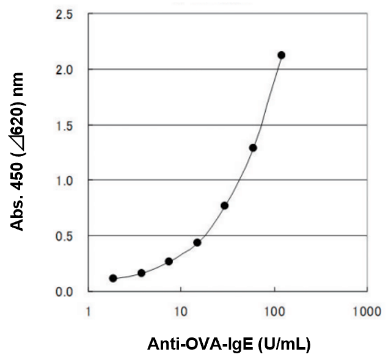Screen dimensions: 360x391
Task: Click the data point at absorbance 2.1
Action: pos(281,56)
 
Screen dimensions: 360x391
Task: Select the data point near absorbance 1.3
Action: pos(253,148)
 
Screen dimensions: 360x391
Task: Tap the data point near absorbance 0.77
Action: pos(225,206)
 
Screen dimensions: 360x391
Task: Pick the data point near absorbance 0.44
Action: pos(197,242)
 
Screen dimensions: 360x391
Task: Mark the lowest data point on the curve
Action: pos(113,278)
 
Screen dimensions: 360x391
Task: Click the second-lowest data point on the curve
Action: pos(141,273)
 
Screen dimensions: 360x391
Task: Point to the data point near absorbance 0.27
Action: pos(169,261)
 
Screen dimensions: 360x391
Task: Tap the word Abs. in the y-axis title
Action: pos(18,214)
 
